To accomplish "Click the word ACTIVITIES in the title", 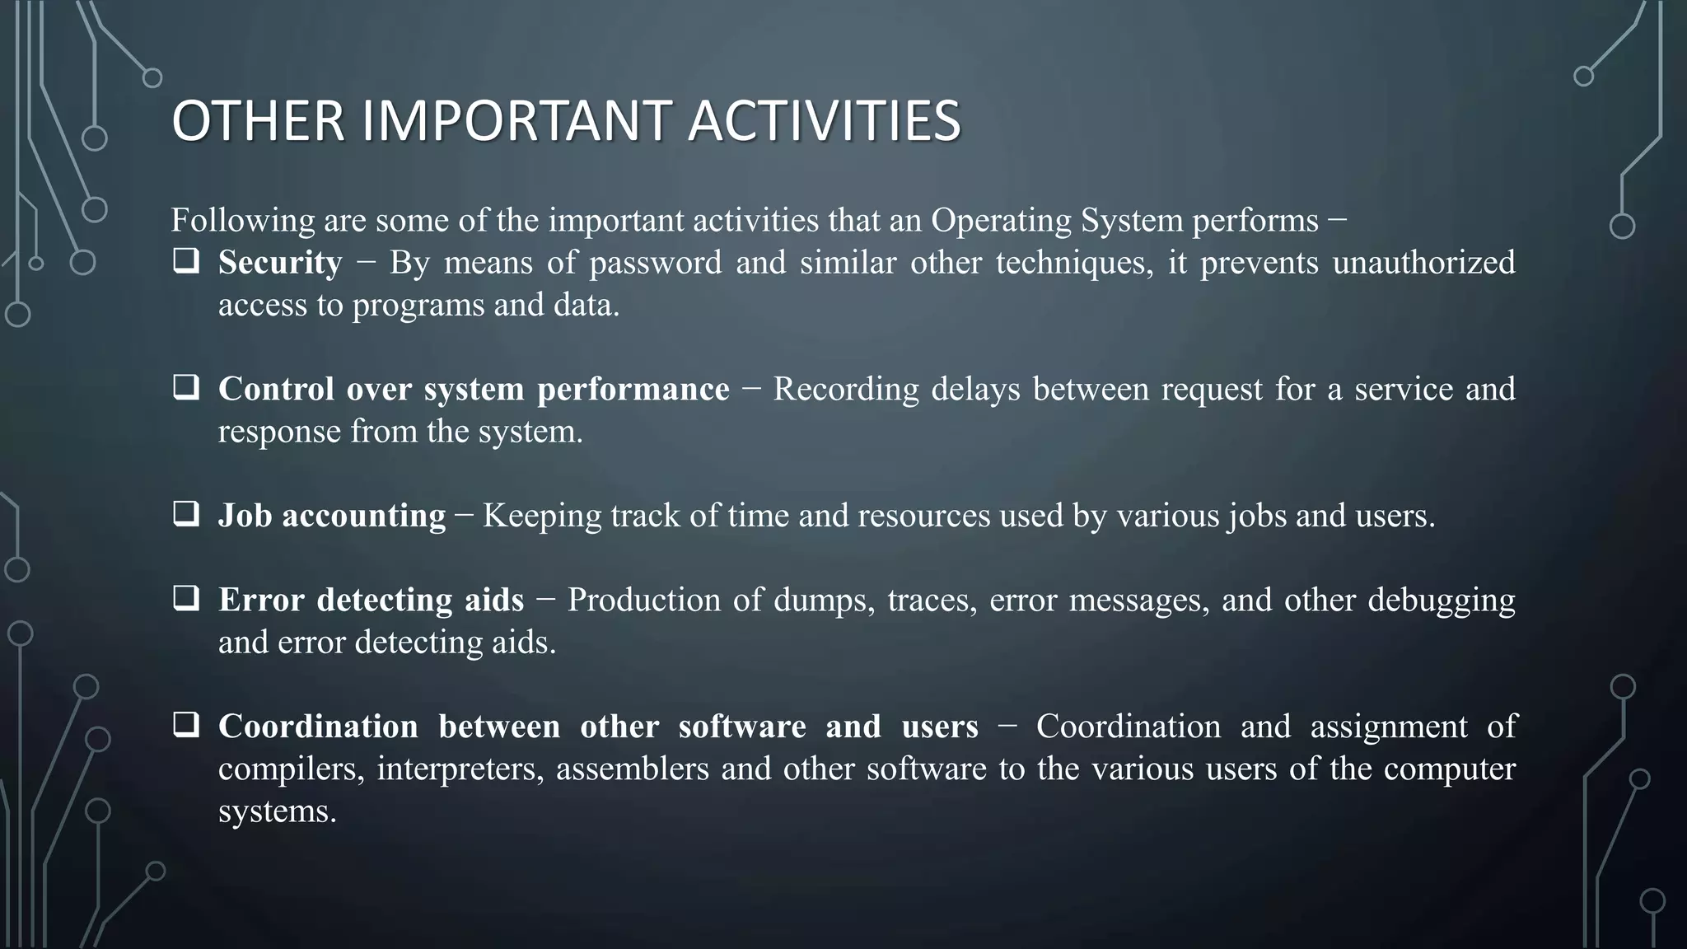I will (x=824, y=120).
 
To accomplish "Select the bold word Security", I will (x=279, y=263).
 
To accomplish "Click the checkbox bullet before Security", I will (x=186, y=262).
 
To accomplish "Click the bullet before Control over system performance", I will (x=186, y=388).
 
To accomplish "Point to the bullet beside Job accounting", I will (x=186, y=515).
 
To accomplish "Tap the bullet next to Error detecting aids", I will (x=186, y=599).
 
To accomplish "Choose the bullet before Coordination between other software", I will (x=186, y=726).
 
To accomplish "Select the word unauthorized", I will (x=1423, y=263).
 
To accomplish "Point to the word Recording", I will (x=846, y=390).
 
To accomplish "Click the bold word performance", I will (x=633, y=390).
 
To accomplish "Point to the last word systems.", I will (x=277, y=811).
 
